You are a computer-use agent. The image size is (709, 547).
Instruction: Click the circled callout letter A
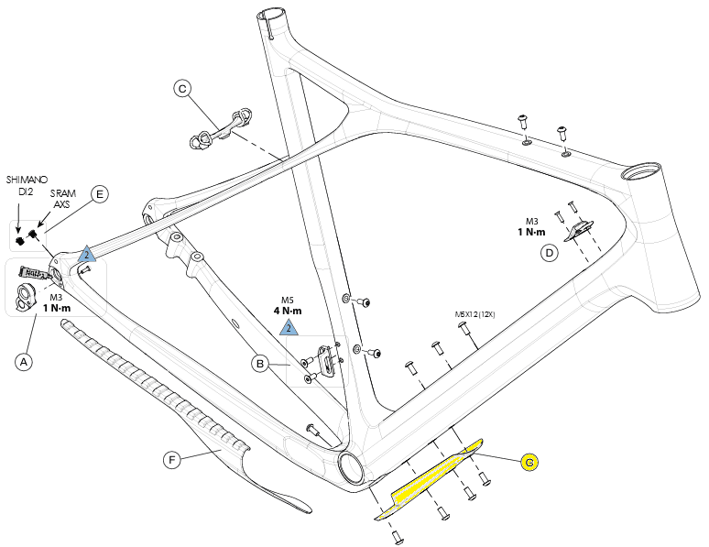tap(25, 362)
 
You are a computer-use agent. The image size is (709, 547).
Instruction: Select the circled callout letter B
tap(261, 365)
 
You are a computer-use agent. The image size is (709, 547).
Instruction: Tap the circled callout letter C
tap(182, 88)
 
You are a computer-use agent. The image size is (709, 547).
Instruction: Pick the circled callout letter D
tap(549, 253)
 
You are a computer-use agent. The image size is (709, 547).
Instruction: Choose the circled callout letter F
tap(171, 460)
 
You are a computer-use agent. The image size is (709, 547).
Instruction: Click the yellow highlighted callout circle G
tap(529, 463)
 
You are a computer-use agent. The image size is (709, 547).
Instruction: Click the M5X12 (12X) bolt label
tap(475, 314)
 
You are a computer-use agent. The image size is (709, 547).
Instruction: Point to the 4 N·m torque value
tap(289, 310)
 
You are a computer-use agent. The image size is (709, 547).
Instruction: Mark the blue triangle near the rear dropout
tap(86, 254)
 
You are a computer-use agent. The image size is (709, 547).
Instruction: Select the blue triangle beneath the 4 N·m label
tap(288, 327)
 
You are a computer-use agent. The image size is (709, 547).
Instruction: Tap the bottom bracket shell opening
tap(353, 467)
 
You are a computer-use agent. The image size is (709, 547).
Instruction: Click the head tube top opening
tap(638, 171)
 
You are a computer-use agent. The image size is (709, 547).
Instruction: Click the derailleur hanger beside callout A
tap(26, 292)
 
